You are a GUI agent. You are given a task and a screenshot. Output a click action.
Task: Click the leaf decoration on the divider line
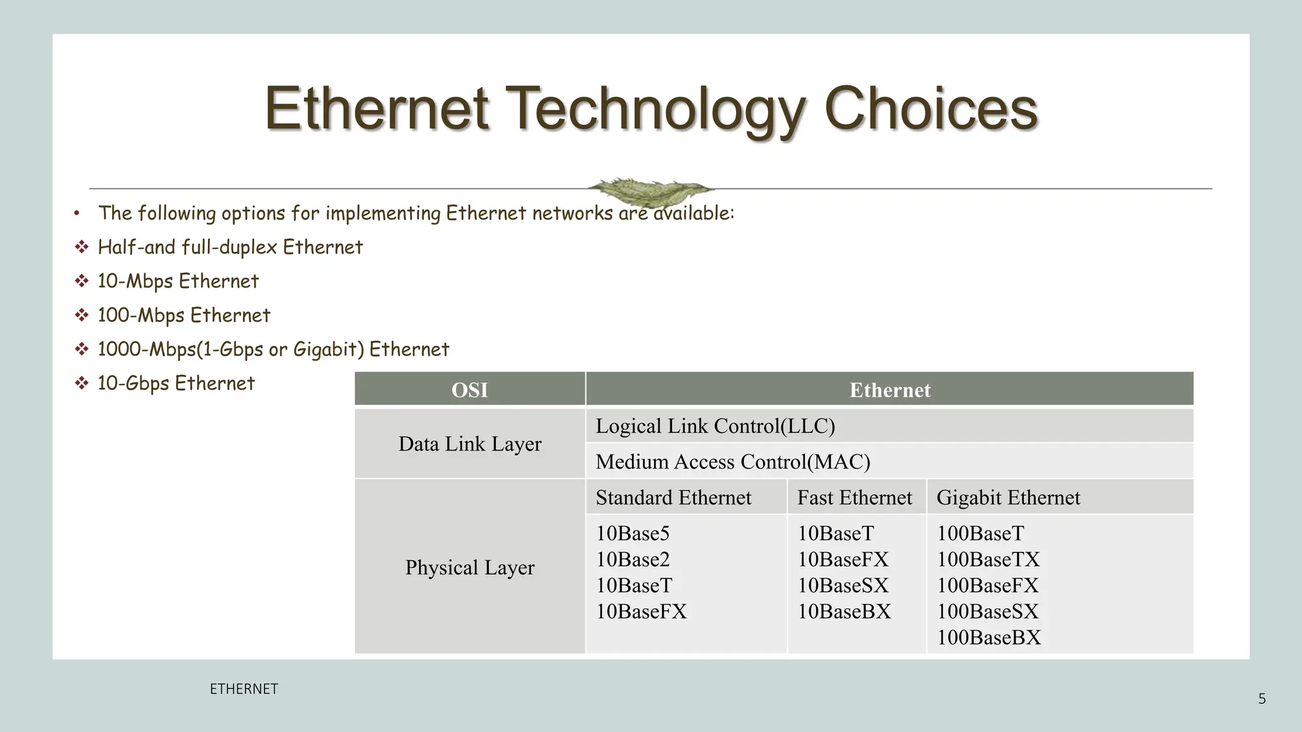point(649,190)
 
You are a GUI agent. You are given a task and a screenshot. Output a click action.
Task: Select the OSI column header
point(470,390)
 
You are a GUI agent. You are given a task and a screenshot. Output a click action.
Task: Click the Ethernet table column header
point(889,390)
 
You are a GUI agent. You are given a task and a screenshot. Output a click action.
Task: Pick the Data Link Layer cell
point(470,444)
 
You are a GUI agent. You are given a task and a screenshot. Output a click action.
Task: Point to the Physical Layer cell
point(470,567)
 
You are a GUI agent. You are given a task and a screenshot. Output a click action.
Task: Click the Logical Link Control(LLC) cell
point(715,426)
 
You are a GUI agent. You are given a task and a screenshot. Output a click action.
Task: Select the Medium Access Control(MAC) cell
point(732,461)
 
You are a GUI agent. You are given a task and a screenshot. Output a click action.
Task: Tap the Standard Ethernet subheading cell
point(673,497)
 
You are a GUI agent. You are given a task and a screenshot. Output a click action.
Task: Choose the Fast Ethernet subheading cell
point(854,497)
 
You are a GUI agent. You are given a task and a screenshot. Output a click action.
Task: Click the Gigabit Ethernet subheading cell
point(1008,497)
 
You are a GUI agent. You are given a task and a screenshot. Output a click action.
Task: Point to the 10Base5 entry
point(633,533)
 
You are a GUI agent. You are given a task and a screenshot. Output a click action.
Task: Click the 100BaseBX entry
point(989,637)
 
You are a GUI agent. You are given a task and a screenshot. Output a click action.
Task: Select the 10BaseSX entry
point(843,585)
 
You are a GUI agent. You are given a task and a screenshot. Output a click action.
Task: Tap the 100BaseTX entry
point(988,559)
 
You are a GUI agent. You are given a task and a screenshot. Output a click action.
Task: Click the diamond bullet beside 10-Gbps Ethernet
point(81,383)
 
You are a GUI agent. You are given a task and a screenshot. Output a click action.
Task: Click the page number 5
point(1262,699)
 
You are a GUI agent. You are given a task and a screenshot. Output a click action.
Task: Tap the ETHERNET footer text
point(243,689)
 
